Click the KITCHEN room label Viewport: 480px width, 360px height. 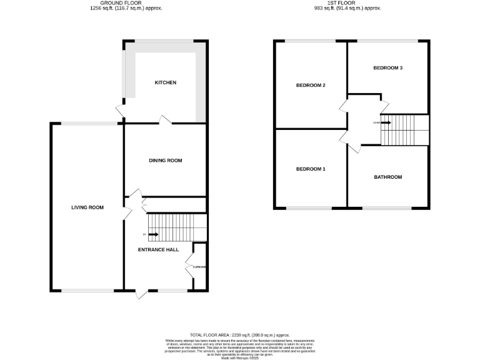(166, 82)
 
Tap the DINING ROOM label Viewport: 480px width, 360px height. (166, 161)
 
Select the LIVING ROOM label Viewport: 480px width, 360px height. (87, 207)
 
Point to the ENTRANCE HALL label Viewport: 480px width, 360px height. (158, 249)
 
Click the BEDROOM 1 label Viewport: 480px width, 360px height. (311, 169)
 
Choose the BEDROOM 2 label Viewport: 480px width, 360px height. (311, 86)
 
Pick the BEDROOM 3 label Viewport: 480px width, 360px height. (387, 67)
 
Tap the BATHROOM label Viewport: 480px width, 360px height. (388, 177)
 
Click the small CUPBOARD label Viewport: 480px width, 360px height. (199, 267)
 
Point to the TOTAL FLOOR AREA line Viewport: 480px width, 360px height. (239, 335)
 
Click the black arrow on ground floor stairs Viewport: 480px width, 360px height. (152, 235)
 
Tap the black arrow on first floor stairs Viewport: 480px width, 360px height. (386, 123)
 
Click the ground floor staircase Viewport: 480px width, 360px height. (177, 227)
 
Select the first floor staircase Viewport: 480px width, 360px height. (405, 130)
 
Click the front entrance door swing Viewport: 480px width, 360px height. (142, 293)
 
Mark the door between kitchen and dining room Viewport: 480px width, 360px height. (166, 119)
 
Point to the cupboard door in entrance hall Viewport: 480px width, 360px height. (189, 267)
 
